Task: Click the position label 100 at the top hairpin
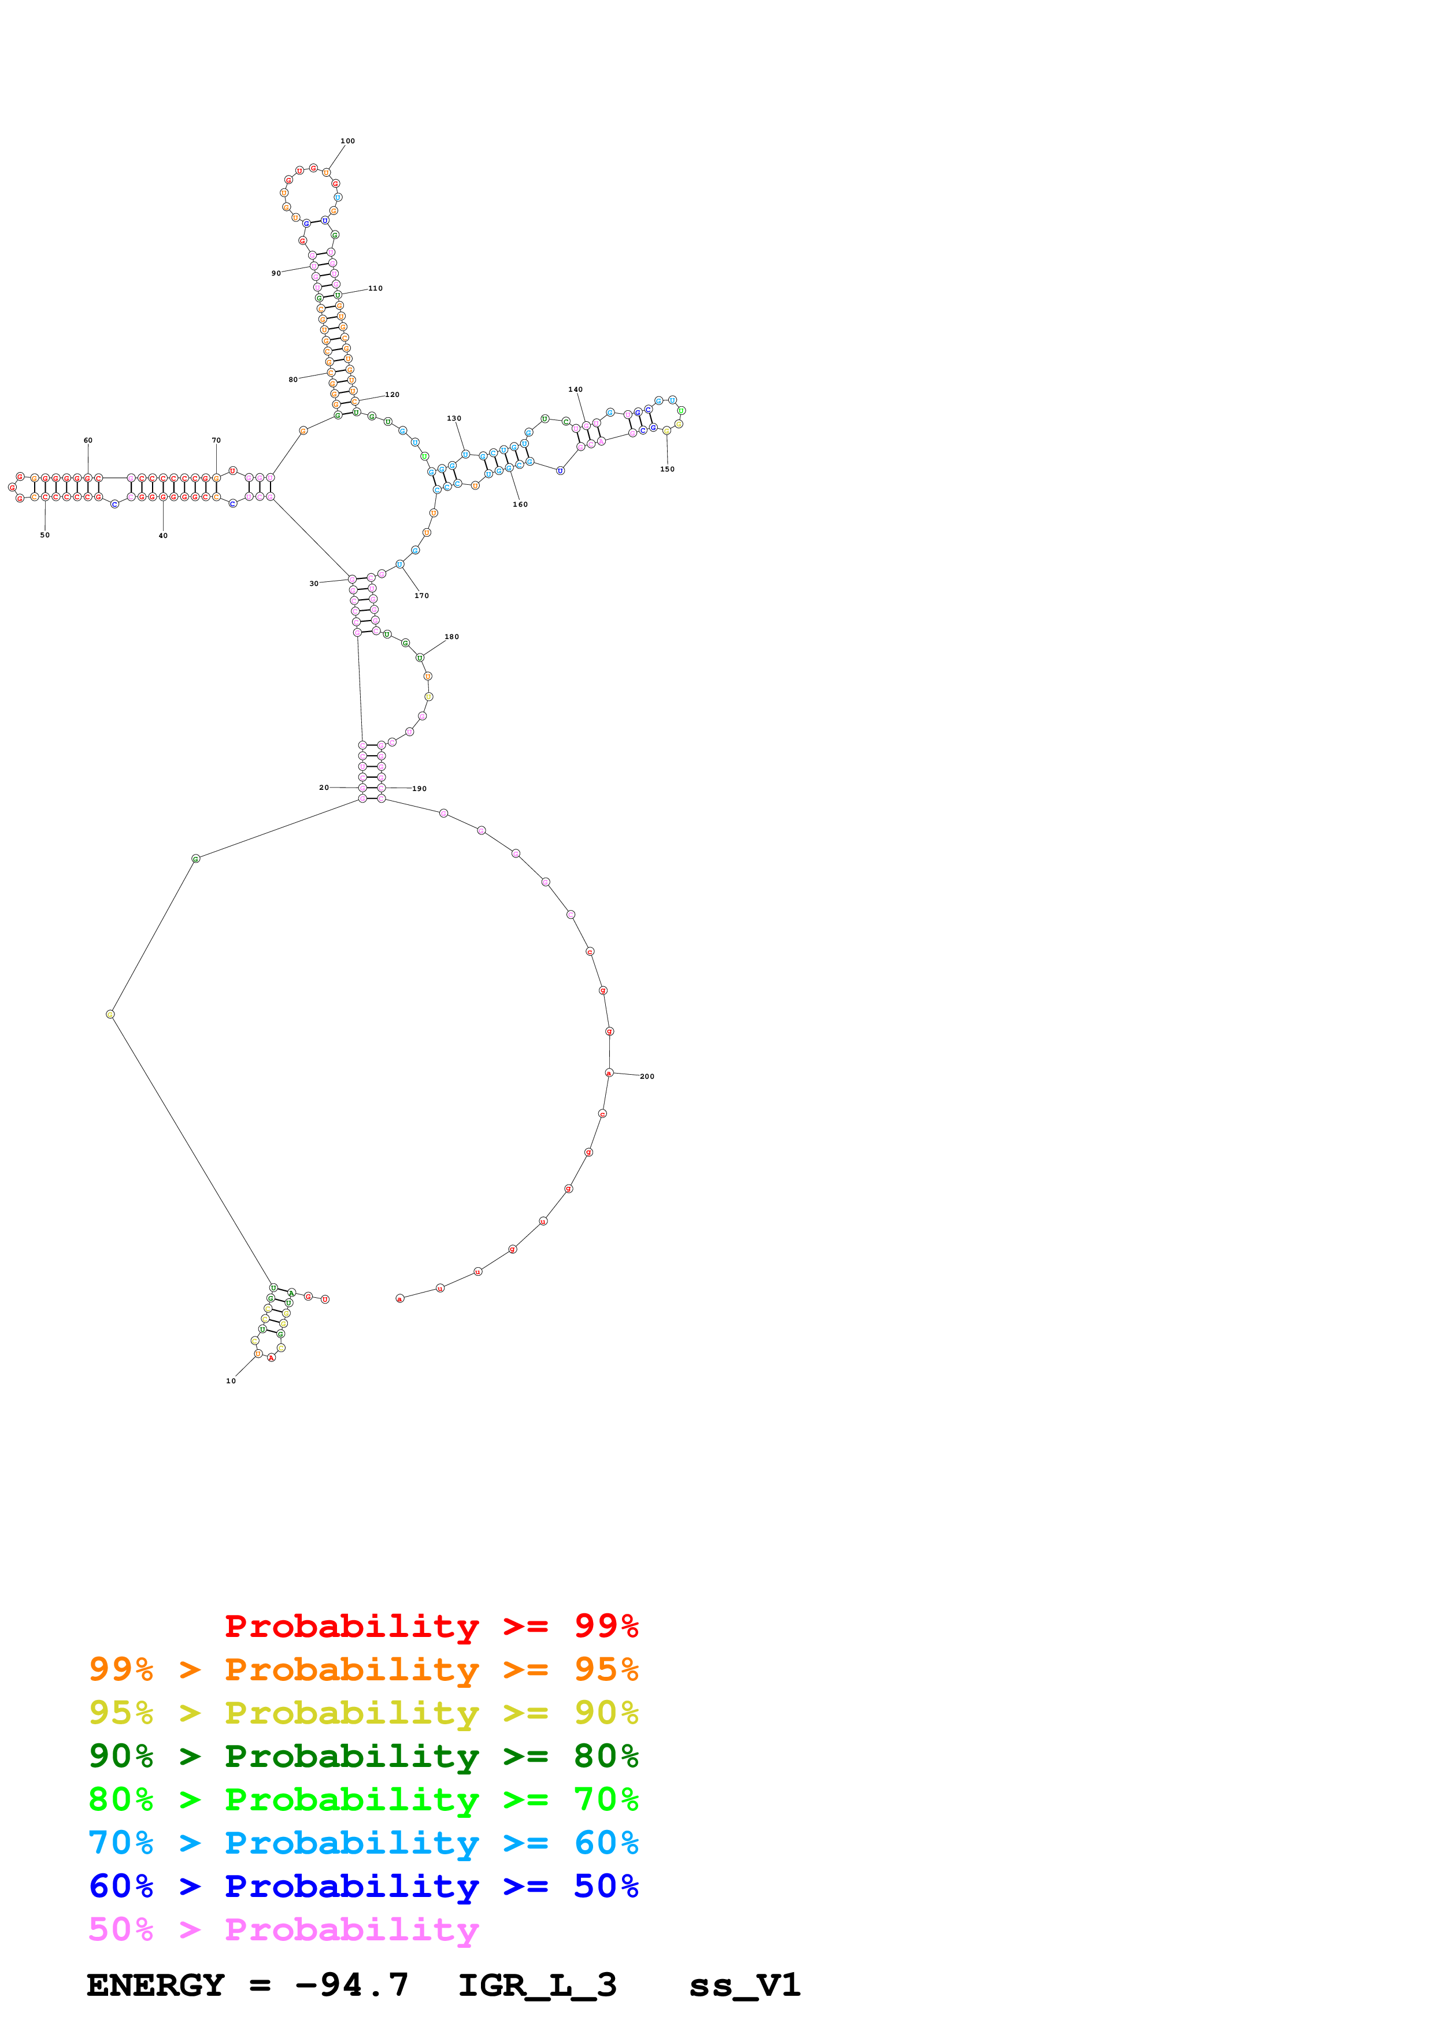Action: click(x=348, y=141)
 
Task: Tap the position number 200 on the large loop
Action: click(x=647, y=1077)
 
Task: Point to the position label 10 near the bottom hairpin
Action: click(x=231, y=1382)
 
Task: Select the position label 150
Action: click(x=668, y=470)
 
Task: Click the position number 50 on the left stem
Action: click(x=45, y=536)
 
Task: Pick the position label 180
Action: click(x=452, y=637)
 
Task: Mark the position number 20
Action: click(x=324, y=788)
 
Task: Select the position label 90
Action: click(x=276, y=274)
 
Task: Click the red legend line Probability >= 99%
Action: click(x=431, y=1626)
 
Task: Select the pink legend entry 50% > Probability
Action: click(x=283, y=1930)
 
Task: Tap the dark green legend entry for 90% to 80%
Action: click(x=363, y=1757)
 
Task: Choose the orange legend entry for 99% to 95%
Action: click(x=363, y=1670)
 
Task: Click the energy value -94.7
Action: click(x=351, y=1985)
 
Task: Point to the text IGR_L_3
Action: click(x=537, y=1985)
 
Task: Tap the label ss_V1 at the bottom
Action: click(x=745, y=1985)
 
